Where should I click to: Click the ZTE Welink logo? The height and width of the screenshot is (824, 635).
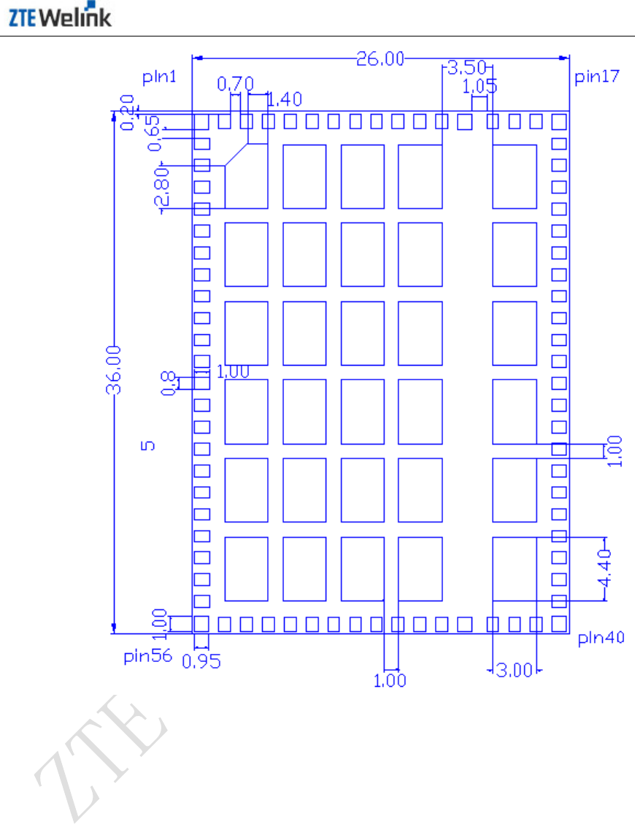click(x=59, y=15)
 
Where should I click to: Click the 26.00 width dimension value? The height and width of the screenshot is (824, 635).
click(x=380, y=58)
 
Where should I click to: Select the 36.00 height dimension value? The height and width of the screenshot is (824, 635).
click(x=114, y=370)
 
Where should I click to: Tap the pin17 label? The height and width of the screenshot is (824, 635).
click(x=596, y=77)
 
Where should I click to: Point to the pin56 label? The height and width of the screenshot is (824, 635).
click(x=147, y=656)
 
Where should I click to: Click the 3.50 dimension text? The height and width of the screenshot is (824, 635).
click(x=467, y=67)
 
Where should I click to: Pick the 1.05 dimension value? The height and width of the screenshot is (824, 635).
click(x=480, y=86)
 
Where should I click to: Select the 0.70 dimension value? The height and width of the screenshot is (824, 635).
click(x=236, y=83)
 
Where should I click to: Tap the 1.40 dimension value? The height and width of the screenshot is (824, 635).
click(x=285, y=99)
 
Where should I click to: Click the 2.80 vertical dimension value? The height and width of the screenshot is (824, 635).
click(x=162, y=187)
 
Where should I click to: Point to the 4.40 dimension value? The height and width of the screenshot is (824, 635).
click(x=604, y=568)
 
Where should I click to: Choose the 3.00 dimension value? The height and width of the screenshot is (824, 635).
click(x=515, y=670)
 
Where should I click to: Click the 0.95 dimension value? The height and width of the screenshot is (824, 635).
click(x=201, y=661)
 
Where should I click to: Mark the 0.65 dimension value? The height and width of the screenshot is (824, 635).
click(x=153, y=134)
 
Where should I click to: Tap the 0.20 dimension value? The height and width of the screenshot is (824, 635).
click(x=128, y=112)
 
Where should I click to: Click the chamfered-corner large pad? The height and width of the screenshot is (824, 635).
click(x=247, y=177)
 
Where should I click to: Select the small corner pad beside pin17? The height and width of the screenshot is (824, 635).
click(x=559, y=121)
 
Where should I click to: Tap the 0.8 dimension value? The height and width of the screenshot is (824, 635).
click(x=168, y=383)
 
